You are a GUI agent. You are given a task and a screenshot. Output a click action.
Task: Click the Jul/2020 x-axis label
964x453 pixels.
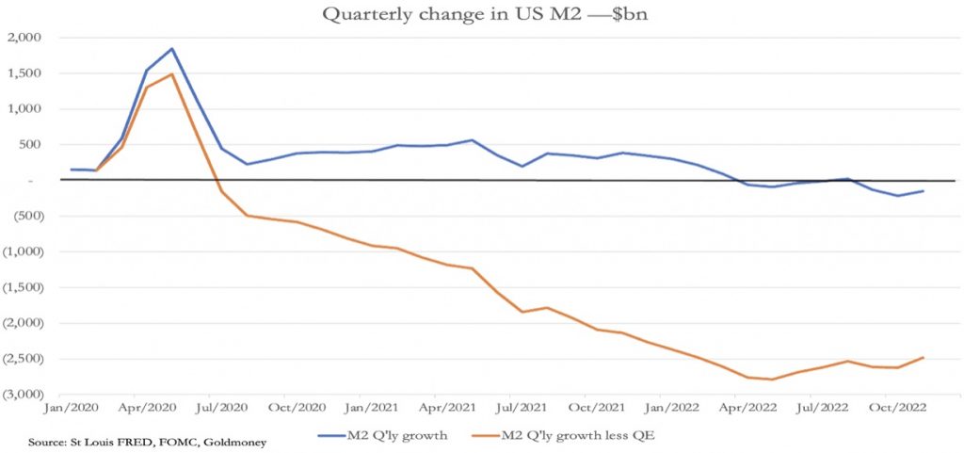point(221,411)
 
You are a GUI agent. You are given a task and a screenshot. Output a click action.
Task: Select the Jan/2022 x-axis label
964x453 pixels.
point(671,411)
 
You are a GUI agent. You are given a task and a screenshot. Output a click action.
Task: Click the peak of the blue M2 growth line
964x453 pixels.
point(172,48)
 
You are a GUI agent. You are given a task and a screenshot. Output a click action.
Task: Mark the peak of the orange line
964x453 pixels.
point(172,74)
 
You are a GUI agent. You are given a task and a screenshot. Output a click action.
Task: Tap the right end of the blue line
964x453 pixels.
point(923,191)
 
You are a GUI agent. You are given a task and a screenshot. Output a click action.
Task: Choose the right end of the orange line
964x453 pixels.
point(923,358)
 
